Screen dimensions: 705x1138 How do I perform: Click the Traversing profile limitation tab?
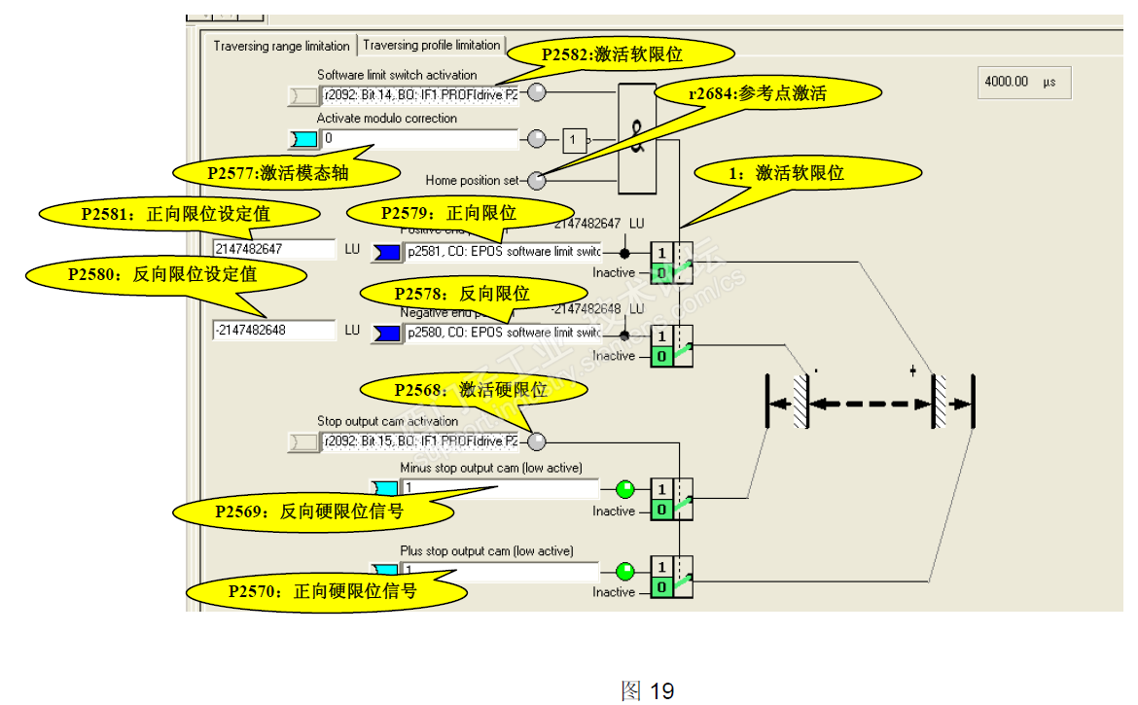(432, 45)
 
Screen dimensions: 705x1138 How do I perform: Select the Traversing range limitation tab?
(281, 46)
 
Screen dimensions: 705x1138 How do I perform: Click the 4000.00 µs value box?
(1023, 83)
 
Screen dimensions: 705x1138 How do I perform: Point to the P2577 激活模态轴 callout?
(288, 173)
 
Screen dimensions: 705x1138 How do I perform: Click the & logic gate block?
(637, 136)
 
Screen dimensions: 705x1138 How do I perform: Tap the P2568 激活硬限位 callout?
(474, 390)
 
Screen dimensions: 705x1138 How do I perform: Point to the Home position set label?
(472, 180)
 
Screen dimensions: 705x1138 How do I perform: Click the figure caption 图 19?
(648, 690)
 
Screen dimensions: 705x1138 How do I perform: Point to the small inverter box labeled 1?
(574, 140)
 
